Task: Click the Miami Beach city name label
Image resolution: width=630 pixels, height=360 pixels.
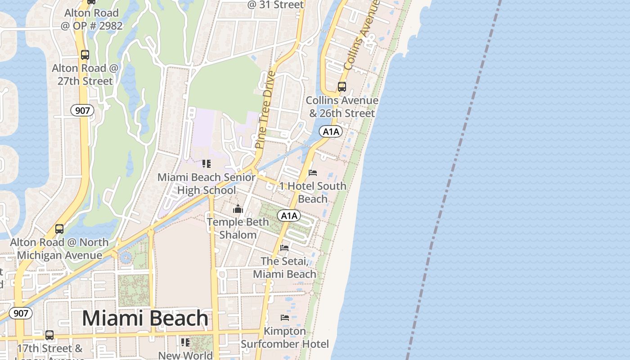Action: (145, 318)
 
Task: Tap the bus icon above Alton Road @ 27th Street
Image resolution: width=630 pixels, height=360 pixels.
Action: (85, 55)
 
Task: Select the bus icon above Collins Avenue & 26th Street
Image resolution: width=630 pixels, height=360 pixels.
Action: (342, 87)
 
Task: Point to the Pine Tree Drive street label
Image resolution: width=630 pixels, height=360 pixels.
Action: (265, 109)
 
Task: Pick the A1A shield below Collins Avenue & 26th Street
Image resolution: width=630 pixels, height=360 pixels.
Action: (331, 132)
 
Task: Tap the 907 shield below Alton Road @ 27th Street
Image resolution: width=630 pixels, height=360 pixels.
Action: (82, 110)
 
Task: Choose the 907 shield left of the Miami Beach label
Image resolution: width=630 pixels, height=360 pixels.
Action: (21, 313)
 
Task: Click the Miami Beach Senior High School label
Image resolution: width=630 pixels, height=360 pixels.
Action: (207, 184)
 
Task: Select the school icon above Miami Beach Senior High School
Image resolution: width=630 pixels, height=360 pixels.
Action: (207, 164)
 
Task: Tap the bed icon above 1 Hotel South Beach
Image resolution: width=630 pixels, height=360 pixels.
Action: (313, 173)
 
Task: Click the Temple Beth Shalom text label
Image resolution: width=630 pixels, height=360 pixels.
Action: (238, 228)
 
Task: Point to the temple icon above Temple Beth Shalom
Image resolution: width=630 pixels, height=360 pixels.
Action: (238, 209)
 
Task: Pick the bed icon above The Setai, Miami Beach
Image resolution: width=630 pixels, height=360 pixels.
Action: (284, 248)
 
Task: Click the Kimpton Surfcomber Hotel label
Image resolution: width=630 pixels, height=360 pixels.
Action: (285, 337)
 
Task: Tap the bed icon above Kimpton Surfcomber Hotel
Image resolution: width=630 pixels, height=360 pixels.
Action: (285, 318)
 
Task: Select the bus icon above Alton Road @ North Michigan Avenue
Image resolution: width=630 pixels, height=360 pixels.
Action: (59, 229)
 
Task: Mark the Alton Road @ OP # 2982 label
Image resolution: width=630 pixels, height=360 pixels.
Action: (91, 19)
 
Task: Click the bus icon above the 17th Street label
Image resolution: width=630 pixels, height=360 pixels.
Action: (49, 335)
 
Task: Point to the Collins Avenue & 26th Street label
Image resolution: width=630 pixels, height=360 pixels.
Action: (342, 107)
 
